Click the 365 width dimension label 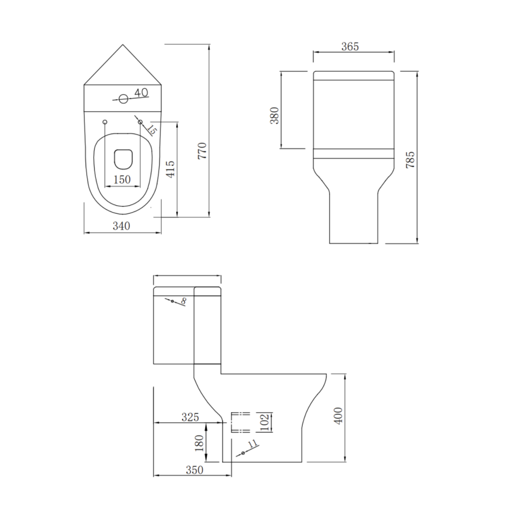coord(349,47)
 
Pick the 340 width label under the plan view coord(121,226)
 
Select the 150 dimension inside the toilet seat coord(122,180)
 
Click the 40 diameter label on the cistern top coord(141,92)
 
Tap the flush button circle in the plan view coord(123,98)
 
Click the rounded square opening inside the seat coord(123,159)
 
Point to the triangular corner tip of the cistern coord(123,46)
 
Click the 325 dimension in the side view coord(189,417)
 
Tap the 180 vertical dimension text coord(199,443)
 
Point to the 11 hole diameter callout coord(253,445)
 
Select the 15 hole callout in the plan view coord(152,129)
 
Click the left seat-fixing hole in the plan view coord(104,122)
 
